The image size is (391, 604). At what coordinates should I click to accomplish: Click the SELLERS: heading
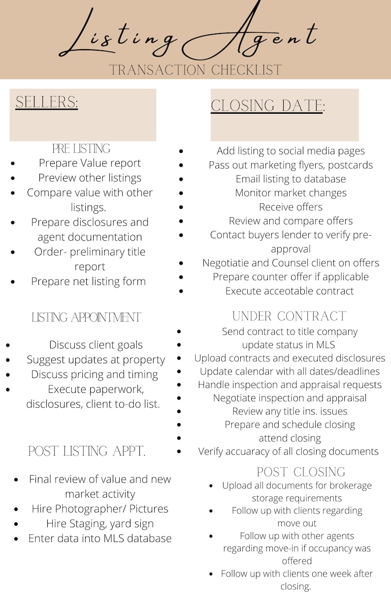47,102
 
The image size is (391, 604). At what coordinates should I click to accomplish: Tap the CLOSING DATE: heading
268,106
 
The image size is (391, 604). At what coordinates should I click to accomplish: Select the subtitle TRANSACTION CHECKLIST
195,69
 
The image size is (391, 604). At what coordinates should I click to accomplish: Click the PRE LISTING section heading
81,148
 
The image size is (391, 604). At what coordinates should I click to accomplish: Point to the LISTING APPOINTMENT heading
87,318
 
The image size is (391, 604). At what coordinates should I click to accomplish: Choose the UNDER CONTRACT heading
290,316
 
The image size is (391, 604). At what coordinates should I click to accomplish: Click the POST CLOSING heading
301,472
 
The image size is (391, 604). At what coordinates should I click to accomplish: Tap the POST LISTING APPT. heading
87,451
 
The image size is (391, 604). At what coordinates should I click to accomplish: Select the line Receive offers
291,207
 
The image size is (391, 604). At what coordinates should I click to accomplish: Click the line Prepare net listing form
88,282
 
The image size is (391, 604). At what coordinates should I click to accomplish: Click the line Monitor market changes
291,193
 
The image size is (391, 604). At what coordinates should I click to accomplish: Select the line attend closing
290,438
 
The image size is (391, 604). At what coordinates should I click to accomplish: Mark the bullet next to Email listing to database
181,179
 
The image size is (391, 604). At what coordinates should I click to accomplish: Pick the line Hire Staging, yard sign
100,523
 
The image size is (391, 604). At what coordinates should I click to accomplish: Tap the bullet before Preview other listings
12,178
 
